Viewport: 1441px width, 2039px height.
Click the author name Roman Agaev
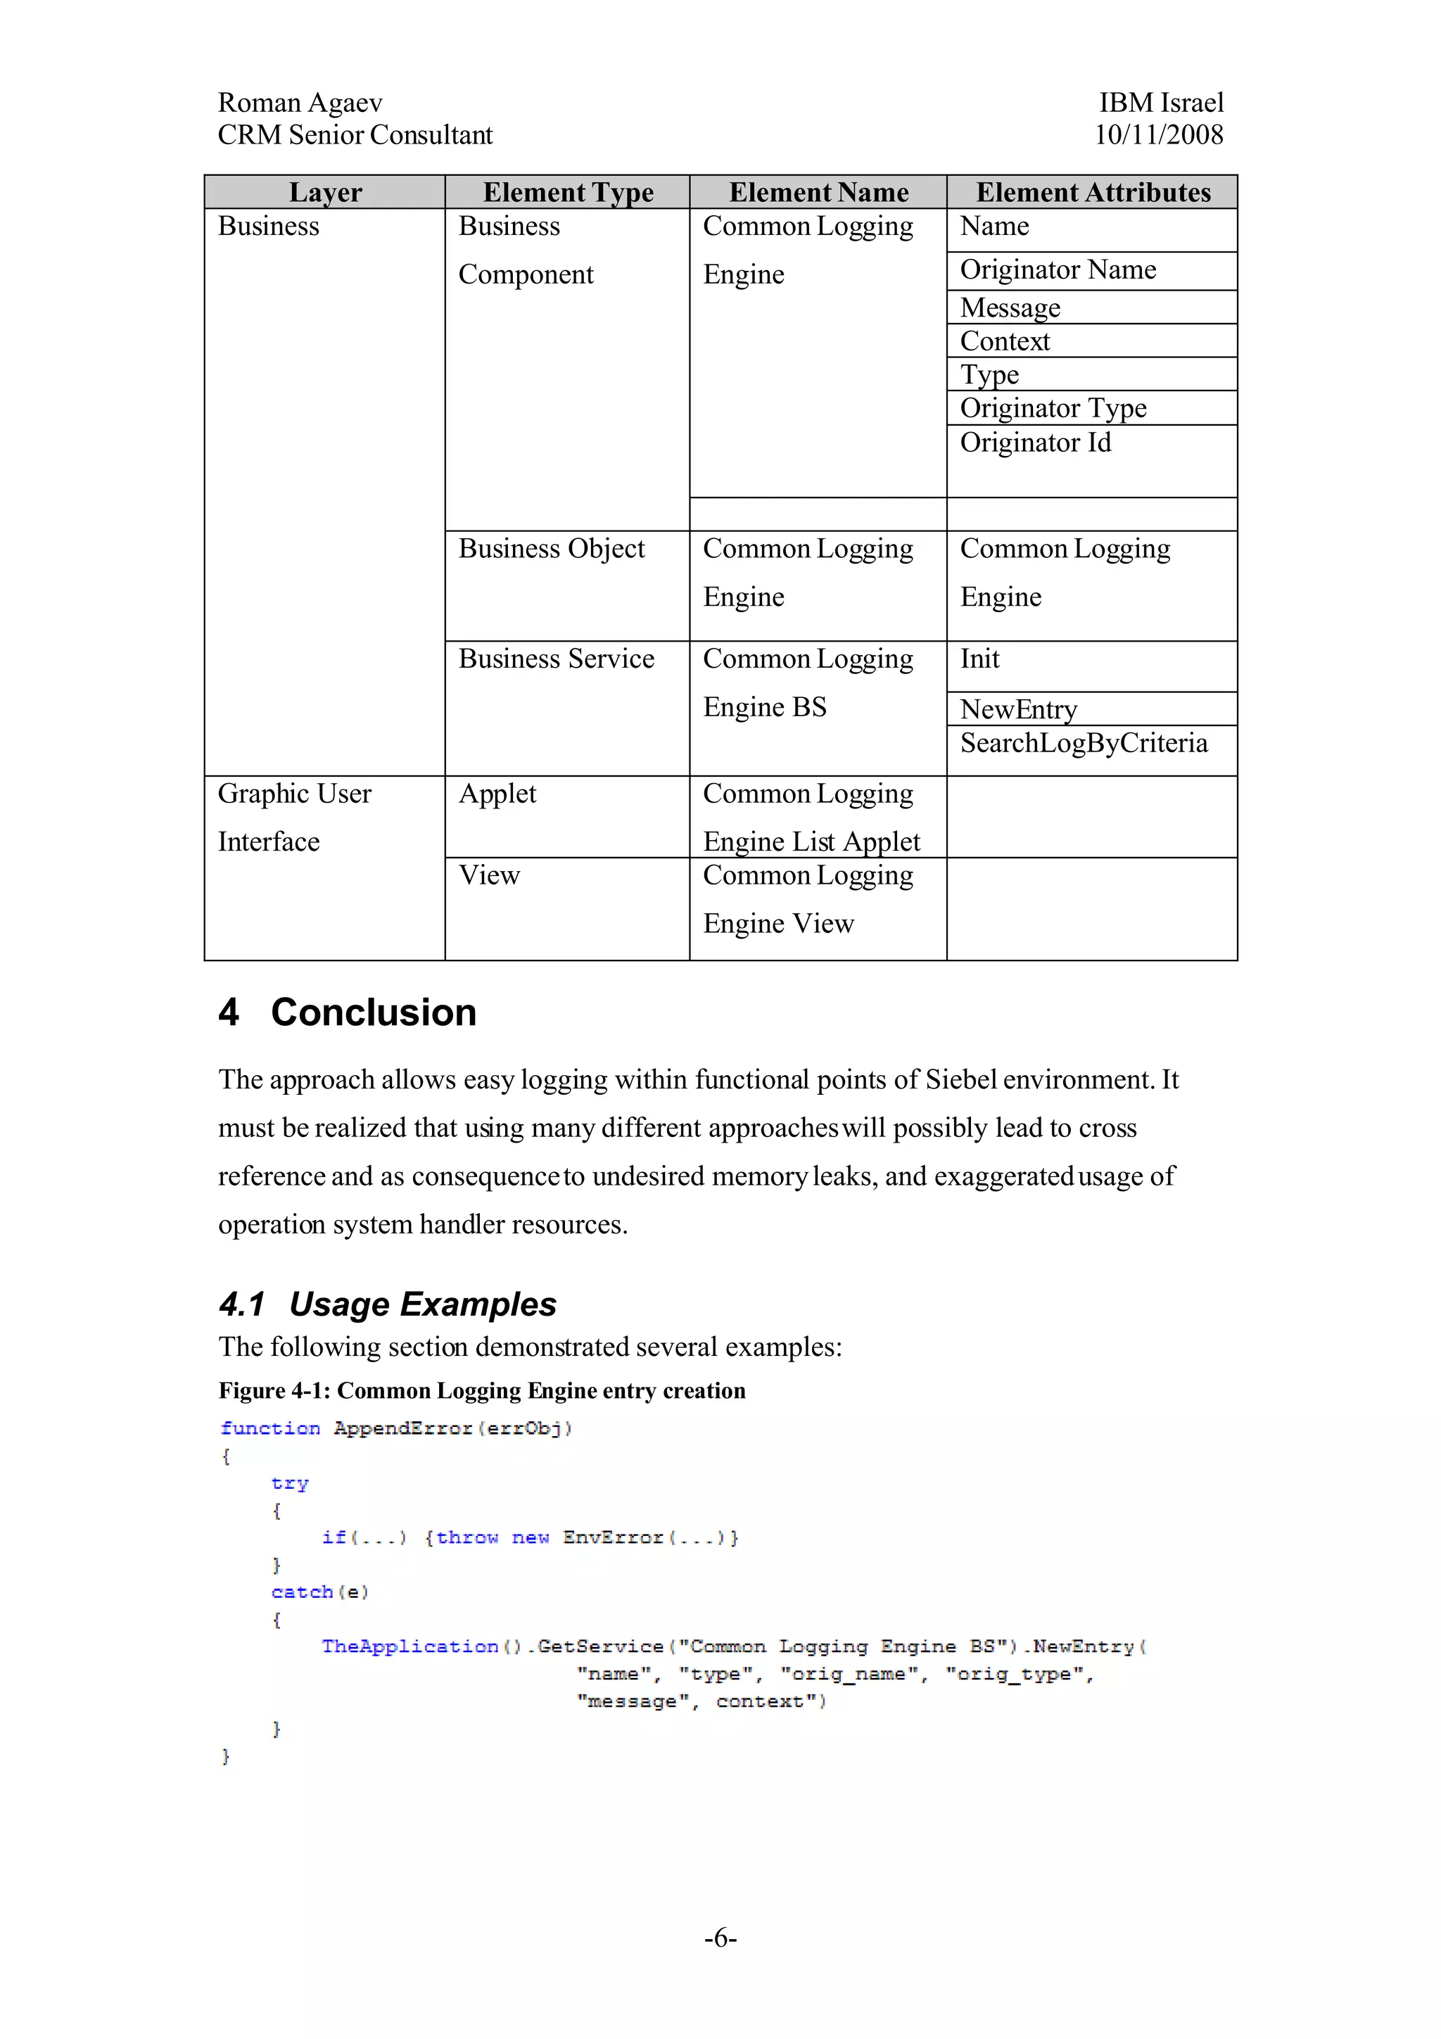coord(300,103)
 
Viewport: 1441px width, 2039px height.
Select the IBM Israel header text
coord(1160,103)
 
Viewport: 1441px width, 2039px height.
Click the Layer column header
coord(325,193)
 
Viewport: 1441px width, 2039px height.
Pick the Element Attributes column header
coord(1093,193)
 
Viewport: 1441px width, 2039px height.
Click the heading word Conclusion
coord(373,1012)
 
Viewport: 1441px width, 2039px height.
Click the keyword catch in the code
coord(302,1592)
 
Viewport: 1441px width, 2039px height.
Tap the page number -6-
coord(720,1938)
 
